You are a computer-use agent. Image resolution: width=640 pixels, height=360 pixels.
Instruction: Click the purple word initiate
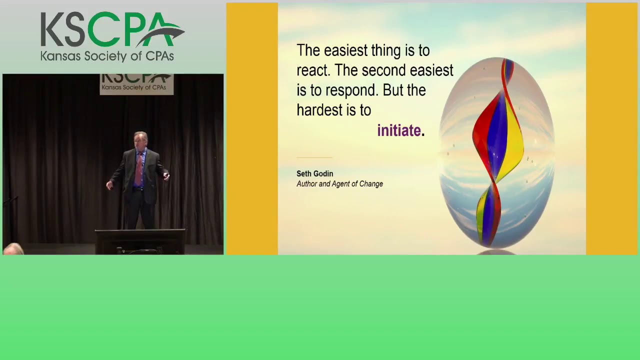pyautogui.click(x=399, y=130)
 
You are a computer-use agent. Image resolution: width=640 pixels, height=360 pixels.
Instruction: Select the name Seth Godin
pyautogui.click(x=314, y=173)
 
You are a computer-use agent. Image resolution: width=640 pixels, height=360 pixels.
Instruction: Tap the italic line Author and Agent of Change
pyautogui.click(x=339, y=184)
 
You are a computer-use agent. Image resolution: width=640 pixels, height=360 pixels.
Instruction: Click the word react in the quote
pyautogui.click(x=312, y=70)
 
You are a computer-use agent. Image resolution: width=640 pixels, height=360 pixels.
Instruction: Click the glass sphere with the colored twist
pyautogui.click(x=497, y=152)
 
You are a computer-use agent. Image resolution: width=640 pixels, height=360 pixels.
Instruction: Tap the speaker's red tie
pyautogui.click(x=138, y=170)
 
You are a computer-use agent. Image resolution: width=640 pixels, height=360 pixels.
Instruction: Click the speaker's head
pyautogui.click(x=140, y=140)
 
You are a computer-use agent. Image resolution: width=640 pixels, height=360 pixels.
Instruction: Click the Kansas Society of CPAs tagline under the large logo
pyautogui.click(x=107, y=56)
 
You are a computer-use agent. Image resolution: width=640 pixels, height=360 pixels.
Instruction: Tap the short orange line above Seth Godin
pyautogui.click(x=314, y=157)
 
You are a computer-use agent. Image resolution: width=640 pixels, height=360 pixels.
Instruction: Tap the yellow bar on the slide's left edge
pyautogui.click(x=252, y=129)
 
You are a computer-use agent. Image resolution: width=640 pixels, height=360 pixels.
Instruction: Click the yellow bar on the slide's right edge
pyautogui.click(x=611, y=129)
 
